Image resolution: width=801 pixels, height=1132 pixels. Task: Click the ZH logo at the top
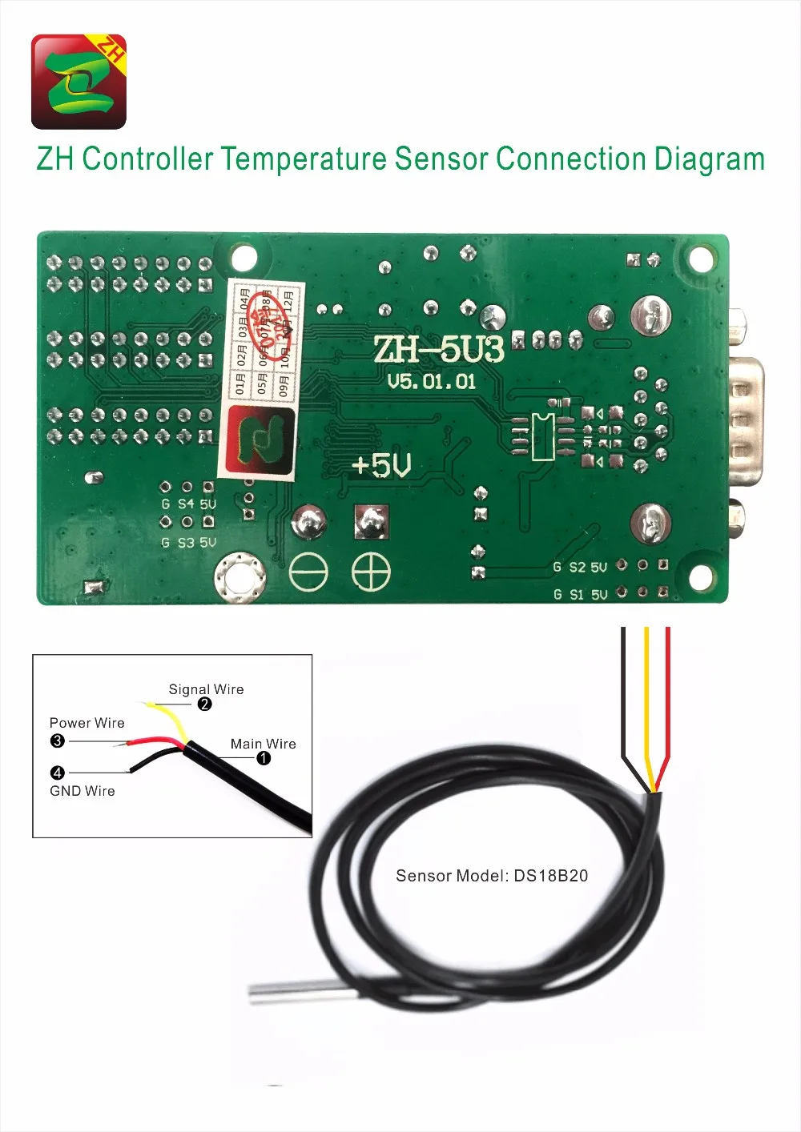tap(78, 82)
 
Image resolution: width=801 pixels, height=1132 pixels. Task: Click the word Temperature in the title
tap(304, 159)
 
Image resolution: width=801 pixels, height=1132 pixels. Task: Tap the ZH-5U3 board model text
tap(438, 349)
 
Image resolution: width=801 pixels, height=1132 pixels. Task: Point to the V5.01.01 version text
tap(432, 381)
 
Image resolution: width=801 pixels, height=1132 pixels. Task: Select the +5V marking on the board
tap(381, 465)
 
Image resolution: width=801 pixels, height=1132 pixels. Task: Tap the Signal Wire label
tap(206, 689)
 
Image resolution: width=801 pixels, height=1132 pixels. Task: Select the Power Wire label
tap(87, 723)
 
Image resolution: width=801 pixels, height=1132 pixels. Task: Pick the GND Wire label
tap(83, 791)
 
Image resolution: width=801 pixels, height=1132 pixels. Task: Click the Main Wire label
tap(264, 744)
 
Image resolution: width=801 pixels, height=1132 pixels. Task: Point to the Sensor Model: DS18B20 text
tap(492, 876)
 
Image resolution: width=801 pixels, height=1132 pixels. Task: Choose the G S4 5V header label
tap(188, 504)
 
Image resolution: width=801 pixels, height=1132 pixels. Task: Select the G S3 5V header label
tap(188, 543)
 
